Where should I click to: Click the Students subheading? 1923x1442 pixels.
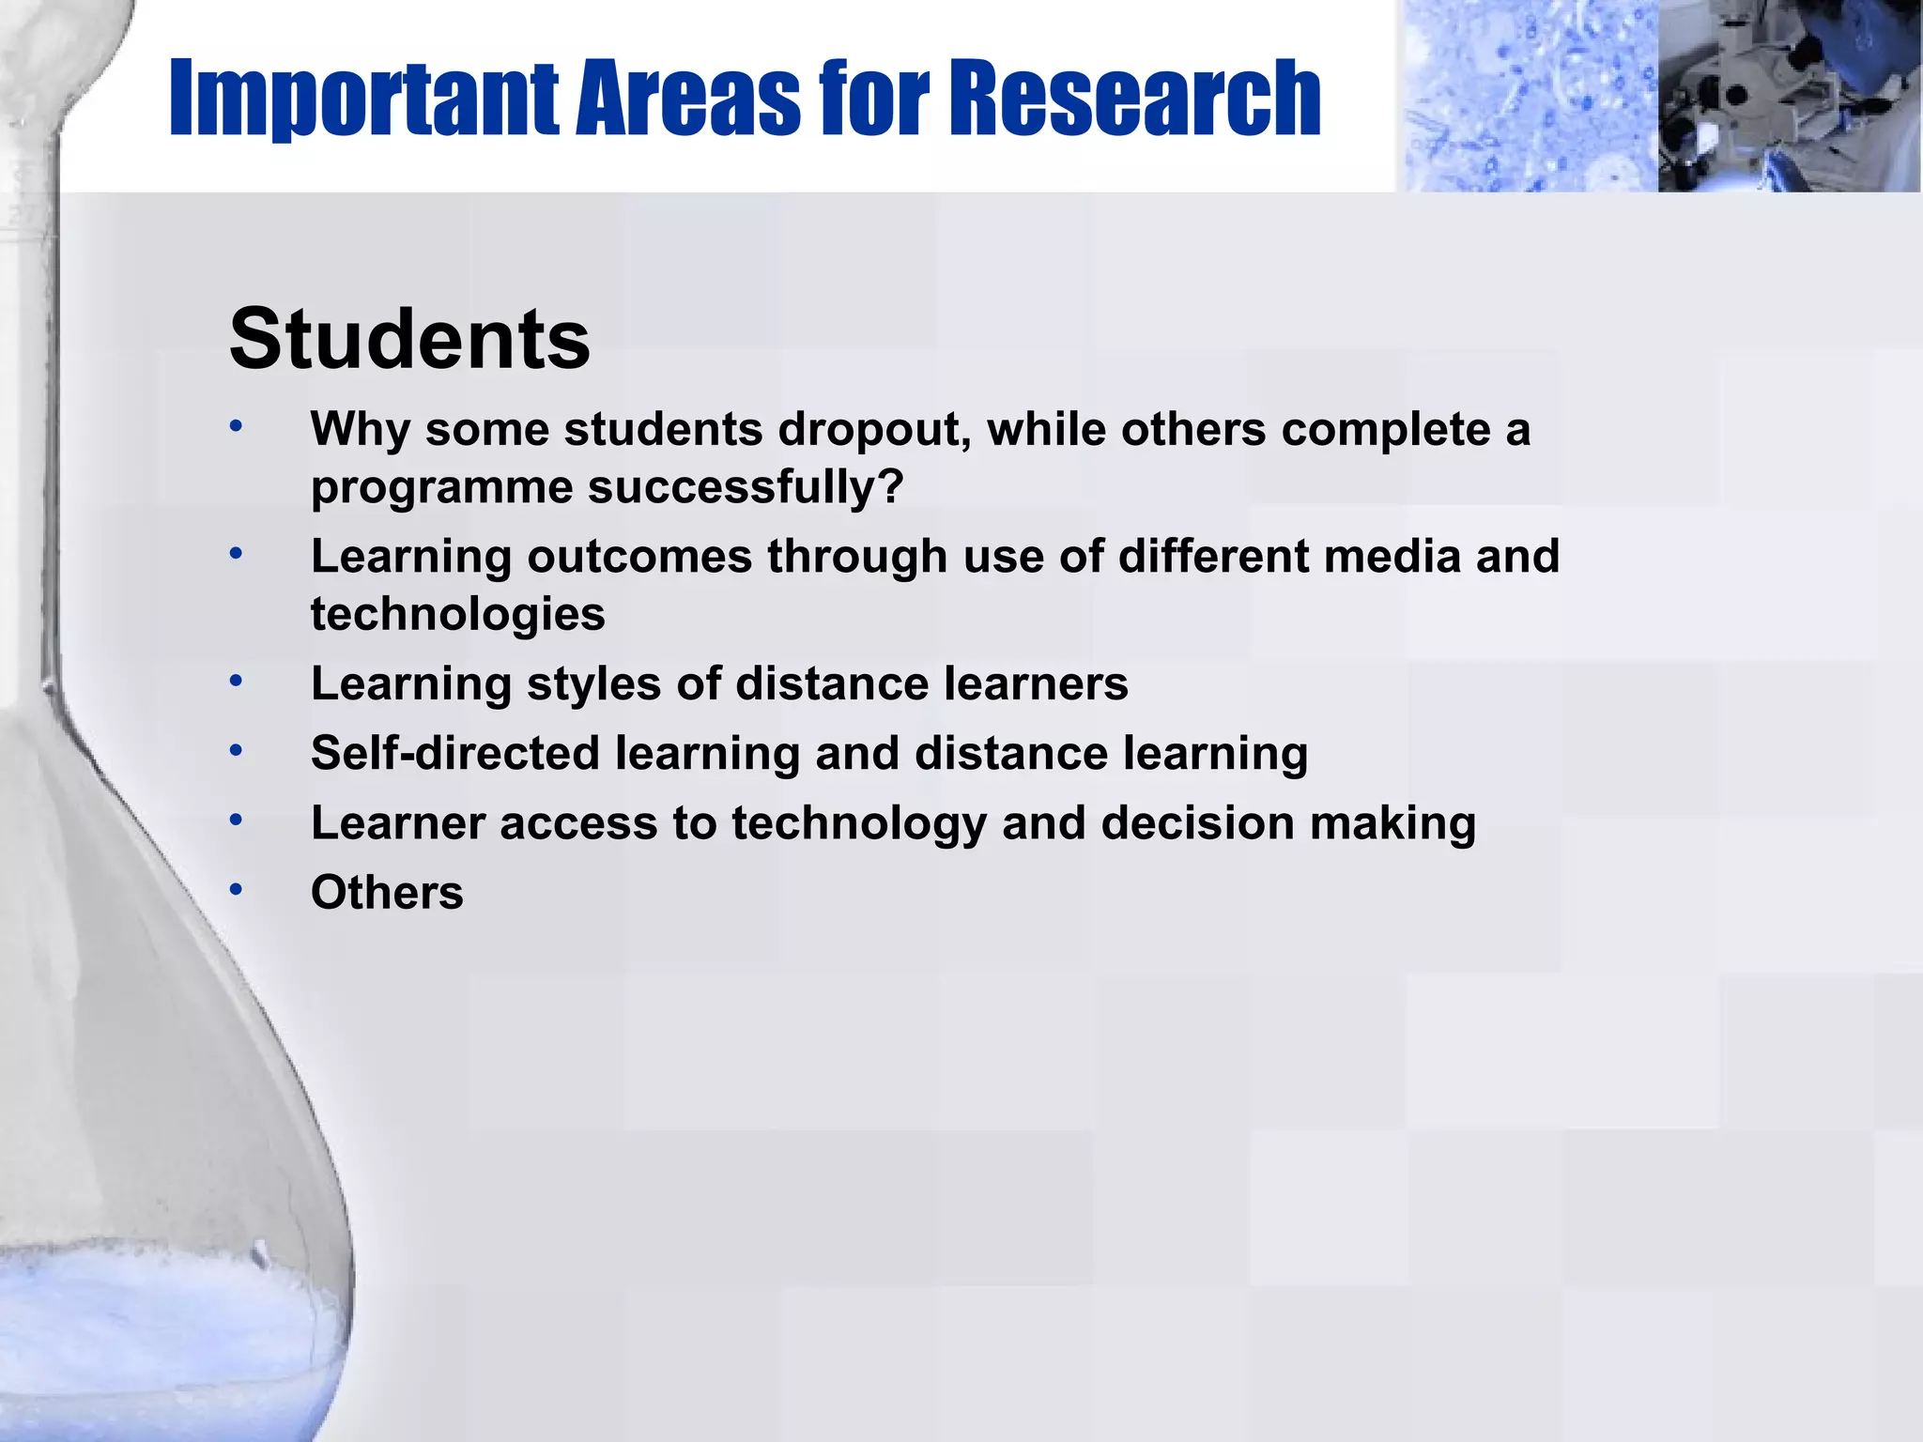tap(409, 339)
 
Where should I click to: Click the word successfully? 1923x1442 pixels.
tap(746, 487)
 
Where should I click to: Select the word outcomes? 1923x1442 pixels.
tap(639, 556)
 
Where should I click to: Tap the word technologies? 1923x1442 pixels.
tap(458, 614)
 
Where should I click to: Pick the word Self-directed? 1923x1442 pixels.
tap(455, 753)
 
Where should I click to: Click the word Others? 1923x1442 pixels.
tap(387, 892)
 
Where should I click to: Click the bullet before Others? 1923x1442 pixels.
tap(237, 888)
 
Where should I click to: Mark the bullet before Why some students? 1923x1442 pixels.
tap(237, 426)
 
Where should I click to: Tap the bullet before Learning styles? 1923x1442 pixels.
tap(237, 680)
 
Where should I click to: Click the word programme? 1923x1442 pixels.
tap(442, 488)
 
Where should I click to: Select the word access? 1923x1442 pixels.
tap(578, 823)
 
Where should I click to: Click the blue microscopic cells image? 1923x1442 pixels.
tap(1526, 97)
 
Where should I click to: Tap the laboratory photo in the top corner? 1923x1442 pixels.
tap(1789, 97)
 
